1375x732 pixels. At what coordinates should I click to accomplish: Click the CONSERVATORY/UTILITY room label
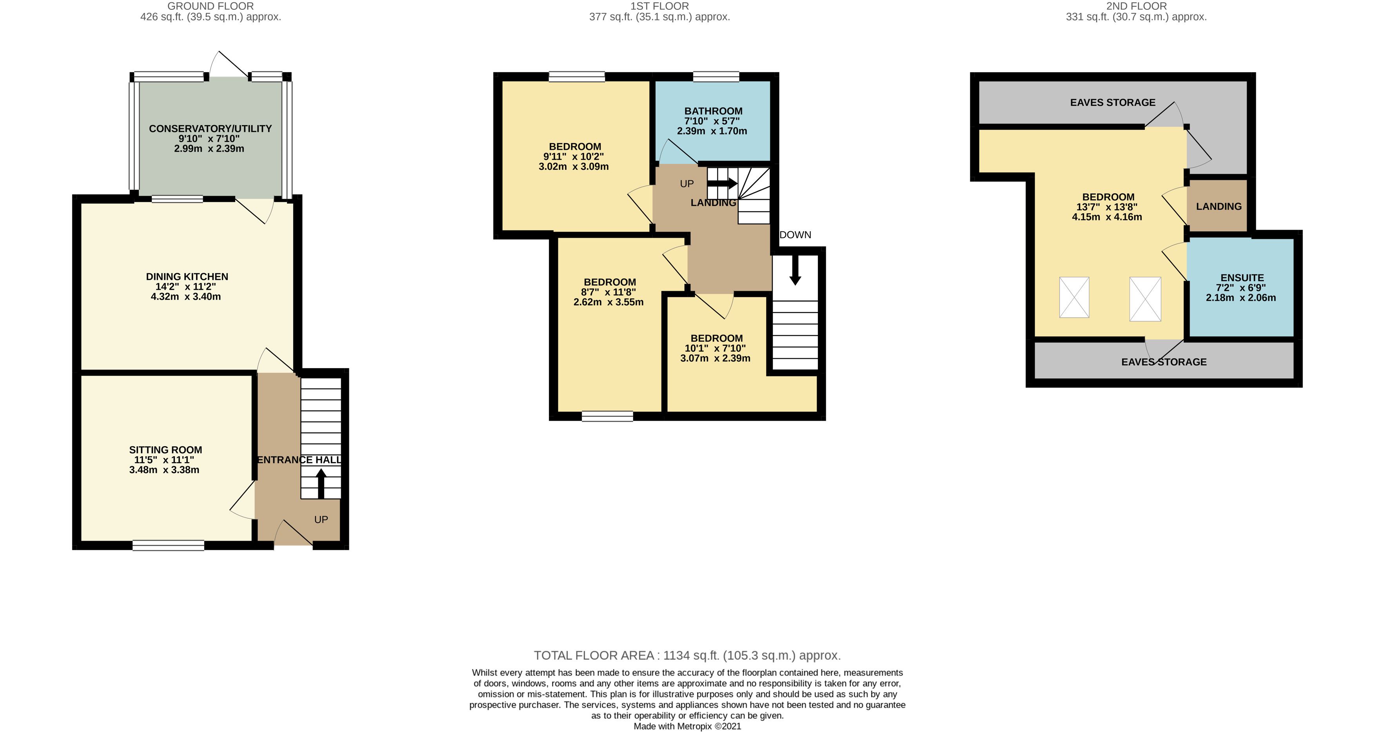click(x=210, y=129)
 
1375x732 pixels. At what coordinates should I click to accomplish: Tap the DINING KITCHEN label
click(x=187, y=276)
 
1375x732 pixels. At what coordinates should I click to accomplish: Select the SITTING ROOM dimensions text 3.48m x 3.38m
click(x=164, y=470)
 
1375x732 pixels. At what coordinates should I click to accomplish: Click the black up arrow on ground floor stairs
click(x=321, y=483)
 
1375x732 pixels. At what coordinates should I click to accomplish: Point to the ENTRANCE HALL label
click(x=299, y=460)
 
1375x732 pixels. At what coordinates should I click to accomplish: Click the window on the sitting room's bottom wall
click(x=168, y=545)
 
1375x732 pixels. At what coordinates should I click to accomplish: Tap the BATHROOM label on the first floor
click(x=713, y=111)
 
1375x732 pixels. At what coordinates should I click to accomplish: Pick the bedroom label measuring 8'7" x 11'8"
click(x=610, y=282)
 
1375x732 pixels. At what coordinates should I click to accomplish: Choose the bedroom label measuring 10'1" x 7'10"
click(x=716, y=338)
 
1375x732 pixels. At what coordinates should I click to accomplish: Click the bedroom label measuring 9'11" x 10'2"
click(x=575, y=146)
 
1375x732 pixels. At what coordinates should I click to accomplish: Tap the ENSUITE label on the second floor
click(x=1242, y=278)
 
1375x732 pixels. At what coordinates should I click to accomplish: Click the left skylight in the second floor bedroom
click(x=1074, y=298)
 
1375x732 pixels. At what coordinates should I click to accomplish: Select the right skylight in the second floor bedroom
click(x=1145, y=299)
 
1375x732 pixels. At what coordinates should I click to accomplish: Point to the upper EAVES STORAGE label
click(x=1112, y=102)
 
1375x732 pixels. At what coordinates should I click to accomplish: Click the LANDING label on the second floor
click(x=1219, y=206)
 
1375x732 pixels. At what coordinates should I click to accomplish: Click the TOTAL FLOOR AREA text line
click(x=687, y=655)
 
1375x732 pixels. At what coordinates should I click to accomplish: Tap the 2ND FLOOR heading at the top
click(x=1136, y=6)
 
